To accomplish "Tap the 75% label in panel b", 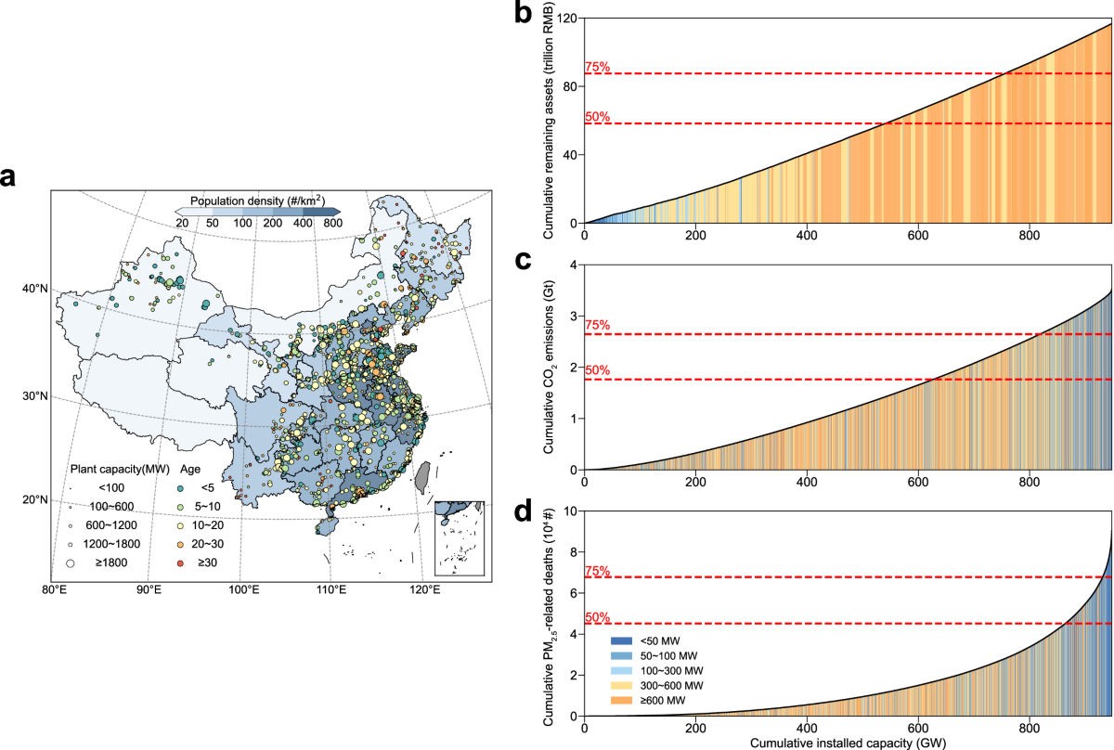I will pyautogui.click(x=597, y=66).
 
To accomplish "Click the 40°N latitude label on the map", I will pyautogui.click(x=36, y=289).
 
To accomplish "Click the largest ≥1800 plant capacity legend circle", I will pyautogui.click(x=71, y=562).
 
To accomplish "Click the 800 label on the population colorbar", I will pyautogui.click(x=332, y=224).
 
